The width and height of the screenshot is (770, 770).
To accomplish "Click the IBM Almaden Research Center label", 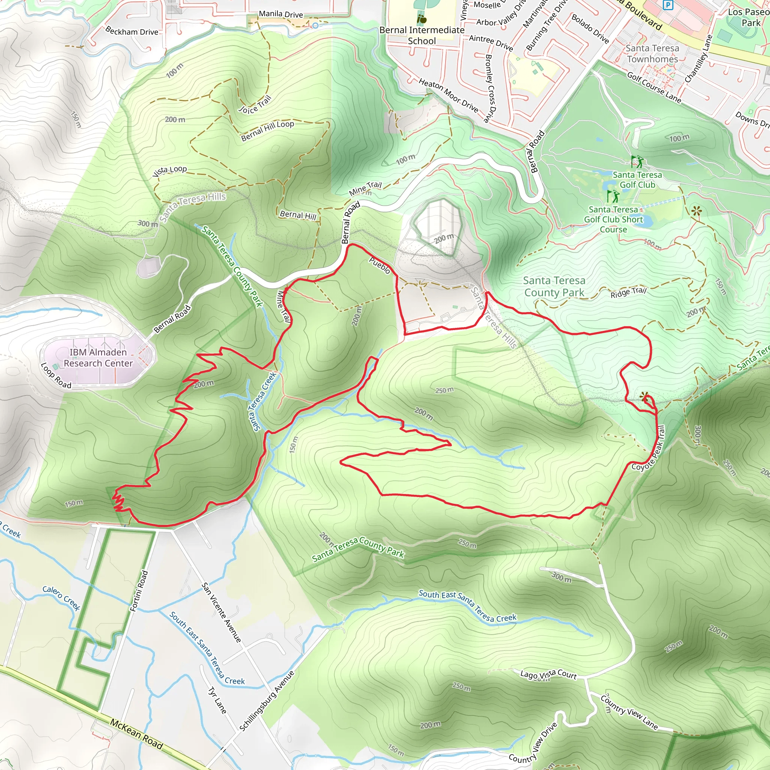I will (98, 358).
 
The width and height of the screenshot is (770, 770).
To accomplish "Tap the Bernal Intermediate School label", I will (422, 35).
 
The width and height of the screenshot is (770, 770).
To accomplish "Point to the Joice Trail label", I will (255, 105).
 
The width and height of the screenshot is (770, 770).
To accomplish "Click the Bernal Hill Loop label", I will (267, 130).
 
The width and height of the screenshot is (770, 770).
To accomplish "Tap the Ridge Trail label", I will (628, 292).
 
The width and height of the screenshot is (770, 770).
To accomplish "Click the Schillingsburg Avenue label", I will (267, 701).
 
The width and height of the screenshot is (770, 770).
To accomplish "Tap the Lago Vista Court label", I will (549, 675).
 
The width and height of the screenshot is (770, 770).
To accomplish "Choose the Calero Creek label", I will (61, 598).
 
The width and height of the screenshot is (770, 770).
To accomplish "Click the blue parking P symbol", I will (668, 5).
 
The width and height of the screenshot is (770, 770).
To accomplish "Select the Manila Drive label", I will (281, 14).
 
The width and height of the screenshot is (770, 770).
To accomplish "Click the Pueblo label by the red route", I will (379, 265).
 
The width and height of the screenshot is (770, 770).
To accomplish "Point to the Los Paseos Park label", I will (749, 17).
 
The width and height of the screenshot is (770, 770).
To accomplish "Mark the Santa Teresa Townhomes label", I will (652, 53).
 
